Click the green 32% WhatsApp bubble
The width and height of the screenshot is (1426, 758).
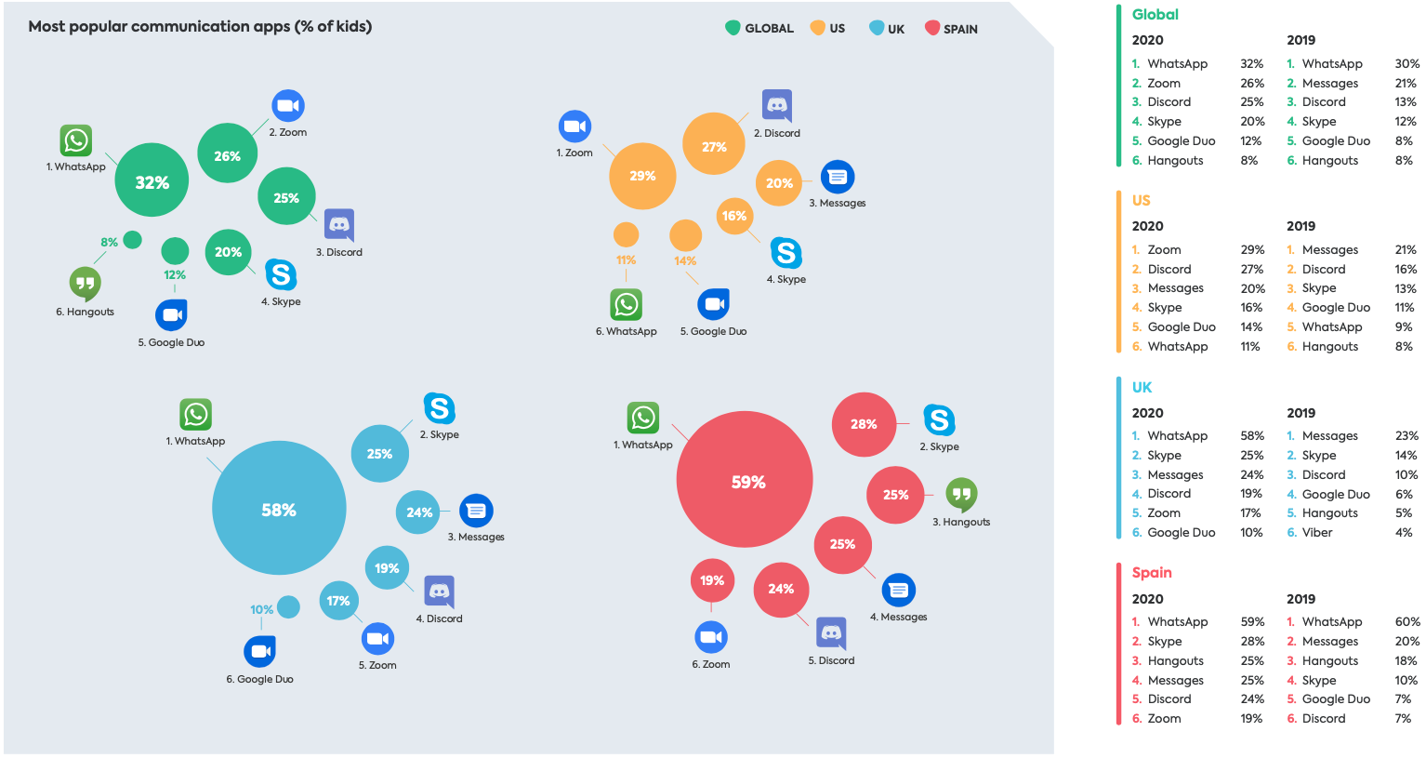[152, 180]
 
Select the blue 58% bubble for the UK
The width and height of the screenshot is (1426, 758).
[279, 509]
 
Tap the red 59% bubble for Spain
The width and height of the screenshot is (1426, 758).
[745, 480]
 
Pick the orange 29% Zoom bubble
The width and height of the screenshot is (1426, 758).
[642, 176]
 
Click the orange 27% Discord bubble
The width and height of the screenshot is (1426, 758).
[714, 145]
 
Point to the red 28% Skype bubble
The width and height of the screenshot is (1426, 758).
[864, 424]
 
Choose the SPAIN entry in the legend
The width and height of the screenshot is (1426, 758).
[951, 29]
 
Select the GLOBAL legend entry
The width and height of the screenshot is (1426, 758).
[759, 29]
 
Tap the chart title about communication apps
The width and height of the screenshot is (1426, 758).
[200, 26]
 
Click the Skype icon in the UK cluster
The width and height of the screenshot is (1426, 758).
[439, 408]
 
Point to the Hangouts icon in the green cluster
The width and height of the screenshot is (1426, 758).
[85, 283]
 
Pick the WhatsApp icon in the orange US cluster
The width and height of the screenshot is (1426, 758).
[626, 304]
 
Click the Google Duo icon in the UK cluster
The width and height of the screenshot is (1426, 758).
[259, 651]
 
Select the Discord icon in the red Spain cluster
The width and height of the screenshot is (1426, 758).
[831, 633]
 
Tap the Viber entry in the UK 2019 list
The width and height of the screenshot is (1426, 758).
[1317, 533]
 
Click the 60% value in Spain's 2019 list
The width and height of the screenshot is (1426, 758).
[1406, 622]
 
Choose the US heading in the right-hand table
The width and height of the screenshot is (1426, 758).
[1141, 200]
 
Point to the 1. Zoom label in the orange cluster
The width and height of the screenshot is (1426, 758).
[574, 153]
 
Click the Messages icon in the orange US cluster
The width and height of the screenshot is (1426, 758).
[838, 177]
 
